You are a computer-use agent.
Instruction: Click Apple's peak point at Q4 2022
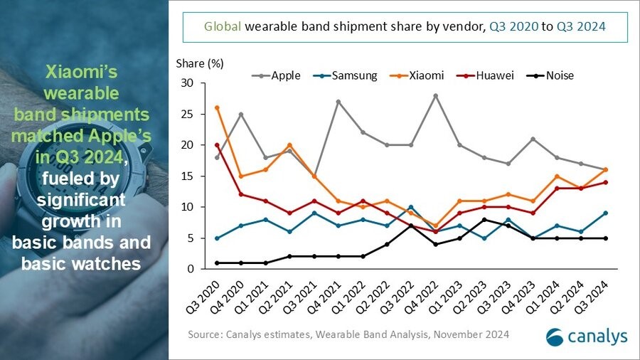[435, 95]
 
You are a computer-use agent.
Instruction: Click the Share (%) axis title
[200, 63]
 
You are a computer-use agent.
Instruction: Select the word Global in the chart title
[222, 27]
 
